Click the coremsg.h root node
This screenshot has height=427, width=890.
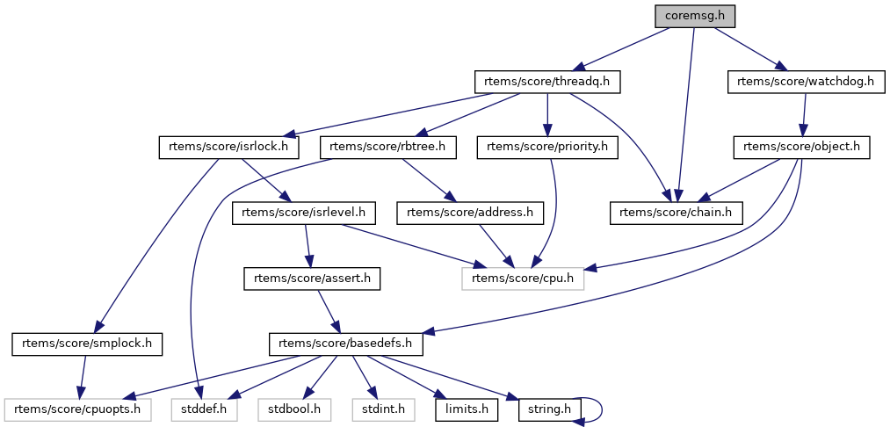pyautogui.click(x=694, y=16)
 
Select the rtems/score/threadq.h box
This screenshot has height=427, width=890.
pyautogui.click(x=547, y=82)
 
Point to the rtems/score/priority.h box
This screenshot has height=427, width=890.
pyautogui.click(x=547, y=147)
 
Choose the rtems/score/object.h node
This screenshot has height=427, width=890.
pyautogui.click(x=801, y=147)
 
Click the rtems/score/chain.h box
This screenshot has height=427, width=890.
pyautogui.click(x=677, y=212)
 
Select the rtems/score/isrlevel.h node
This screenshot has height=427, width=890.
pyautogui.click(x=304, y=212)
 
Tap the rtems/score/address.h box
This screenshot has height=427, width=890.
pyautogui.click(x=470, y=212)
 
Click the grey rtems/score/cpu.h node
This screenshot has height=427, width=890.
pyautogui.click(x=522, y=278)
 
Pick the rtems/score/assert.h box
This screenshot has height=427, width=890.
pyautogui.click(x=312, y=278)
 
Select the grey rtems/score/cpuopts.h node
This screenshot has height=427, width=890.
pyautogui.click(x=78, y=409)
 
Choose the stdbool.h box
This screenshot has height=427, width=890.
pyautogui.click(x=293, y=409)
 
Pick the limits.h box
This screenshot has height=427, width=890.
pyautogui.click(x=467, y=409)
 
